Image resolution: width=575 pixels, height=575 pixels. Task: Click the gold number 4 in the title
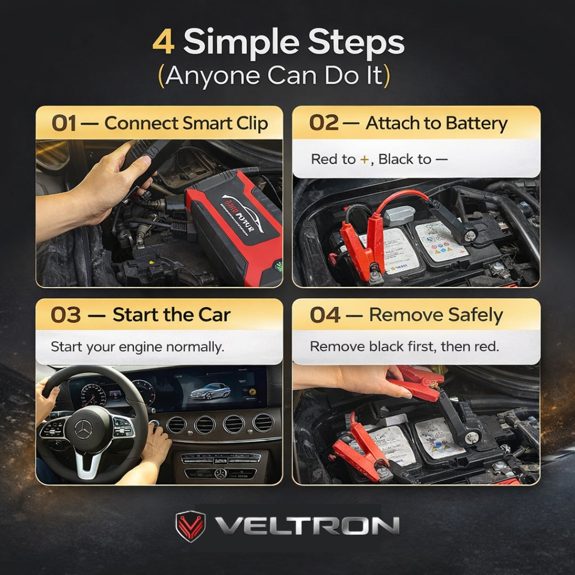163,43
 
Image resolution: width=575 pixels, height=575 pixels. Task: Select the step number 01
63,123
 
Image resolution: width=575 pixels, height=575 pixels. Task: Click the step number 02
324,123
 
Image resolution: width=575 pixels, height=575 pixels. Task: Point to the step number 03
65,315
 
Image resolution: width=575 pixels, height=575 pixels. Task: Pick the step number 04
325,315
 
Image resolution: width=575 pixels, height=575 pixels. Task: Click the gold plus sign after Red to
364,159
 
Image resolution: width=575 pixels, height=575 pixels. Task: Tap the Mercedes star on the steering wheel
83,429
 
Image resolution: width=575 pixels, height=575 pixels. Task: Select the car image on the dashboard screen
210,392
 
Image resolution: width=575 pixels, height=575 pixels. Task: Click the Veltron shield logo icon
190,527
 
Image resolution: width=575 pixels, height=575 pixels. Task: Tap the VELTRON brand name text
307,527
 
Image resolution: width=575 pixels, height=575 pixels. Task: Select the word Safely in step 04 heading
475,315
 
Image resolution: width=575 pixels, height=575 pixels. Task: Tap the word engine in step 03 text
142,347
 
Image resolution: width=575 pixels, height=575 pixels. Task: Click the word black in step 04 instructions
391,347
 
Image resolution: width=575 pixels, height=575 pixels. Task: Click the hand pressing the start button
157,445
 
